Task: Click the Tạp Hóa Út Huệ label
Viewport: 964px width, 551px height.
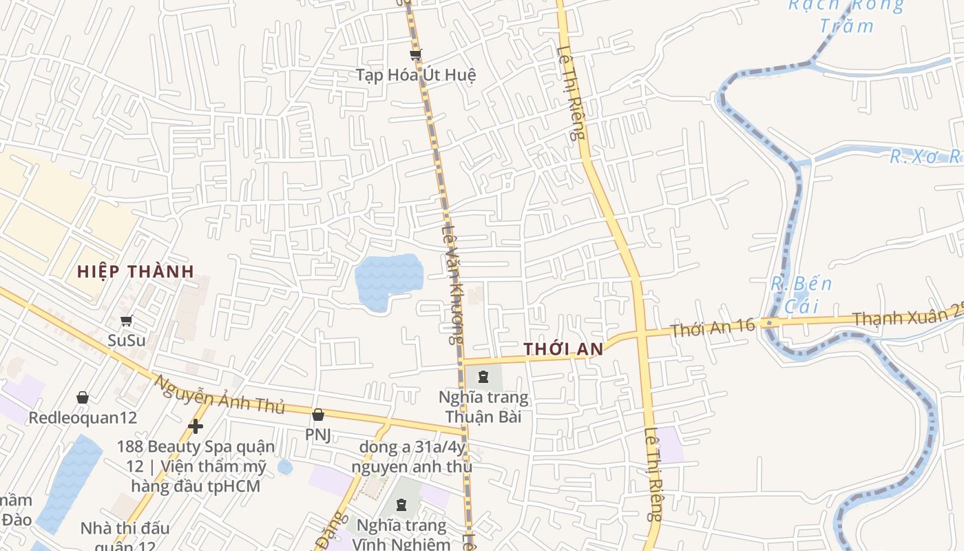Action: (415, 74)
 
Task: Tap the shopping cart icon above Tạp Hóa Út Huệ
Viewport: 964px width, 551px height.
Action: (415, 54)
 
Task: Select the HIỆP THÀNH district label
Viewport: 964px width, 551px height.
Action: (136, 271)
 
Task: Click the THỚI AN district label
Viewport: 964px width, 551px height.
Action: (563, 349)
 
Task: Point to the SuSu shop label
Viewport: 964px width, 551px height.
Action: (127, 340)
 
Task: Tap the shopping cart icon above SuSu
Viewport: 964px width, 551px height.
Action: (127, 320)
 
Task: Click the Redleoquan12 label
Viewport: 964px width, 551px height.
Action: (83, 417)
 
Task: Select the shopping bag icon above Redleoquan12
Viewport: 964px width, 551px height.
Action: (83, 397)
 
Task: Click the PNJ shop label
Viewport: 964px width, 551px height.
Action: (318, 435)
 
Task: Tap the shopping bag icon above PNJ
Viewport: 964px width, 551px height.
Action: (318, 415)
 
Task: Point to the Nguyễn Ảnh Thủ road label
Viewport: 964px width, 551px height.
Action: (219, 395)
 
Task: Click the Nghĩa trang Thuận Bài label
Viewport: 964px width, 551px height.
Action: (484, 406)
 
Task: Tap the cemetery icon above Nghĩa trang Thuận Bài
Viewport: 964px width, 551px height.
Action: (483, 377)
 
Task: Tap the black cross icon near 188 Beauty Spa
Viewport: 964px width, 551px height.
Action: (196, 426)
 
